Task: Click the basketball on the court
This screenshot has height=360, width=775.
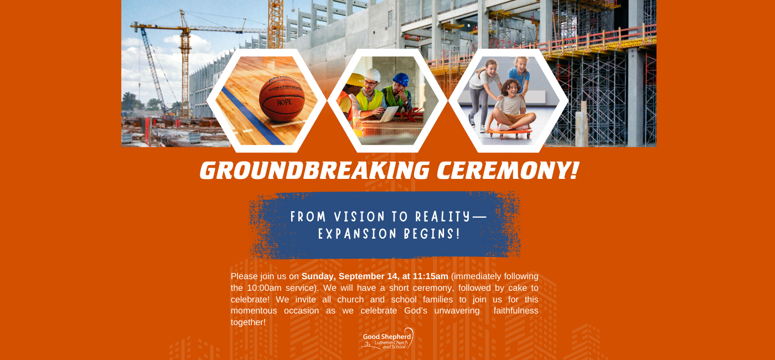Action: (x=282, y=99)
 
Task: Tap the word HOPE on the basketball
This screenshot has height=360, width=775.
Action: (x=285, y=102)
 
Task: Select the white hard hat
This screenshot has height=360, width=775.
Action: (x=372, y=75)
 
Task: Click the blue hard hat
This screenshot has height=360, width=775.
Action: (x=401, y=79)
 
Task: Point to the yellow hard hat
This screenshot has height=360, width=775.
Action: (x=355, y=80)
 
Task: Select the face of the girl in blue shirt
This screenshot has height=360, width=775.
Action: (x=520, y=64)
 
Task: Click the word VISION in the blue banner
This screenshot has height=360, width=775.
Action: (x=359, y=217)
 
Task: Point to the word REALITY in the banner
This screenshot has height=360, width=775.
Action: (x=443, y=217)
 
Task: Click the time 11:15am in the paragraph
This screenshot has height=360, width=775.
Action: (x=431, y=276)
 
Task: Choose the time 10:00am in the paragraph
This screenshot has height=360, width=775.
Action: (x=265, y=288)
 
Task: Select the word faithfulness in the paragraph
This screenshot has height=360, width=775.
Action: (x=516, y=311)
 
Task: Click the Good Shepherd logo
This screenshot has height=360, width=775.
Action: (x=387, y=338)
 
